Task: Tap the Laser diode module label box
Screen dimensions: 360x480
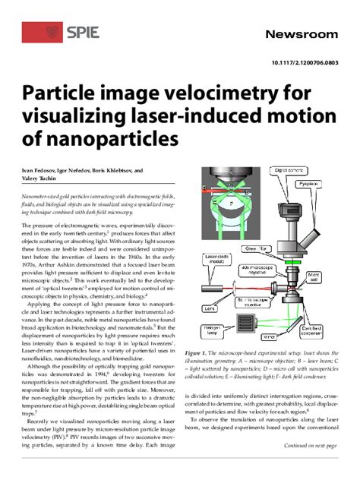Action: click(x=216, y=259)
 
